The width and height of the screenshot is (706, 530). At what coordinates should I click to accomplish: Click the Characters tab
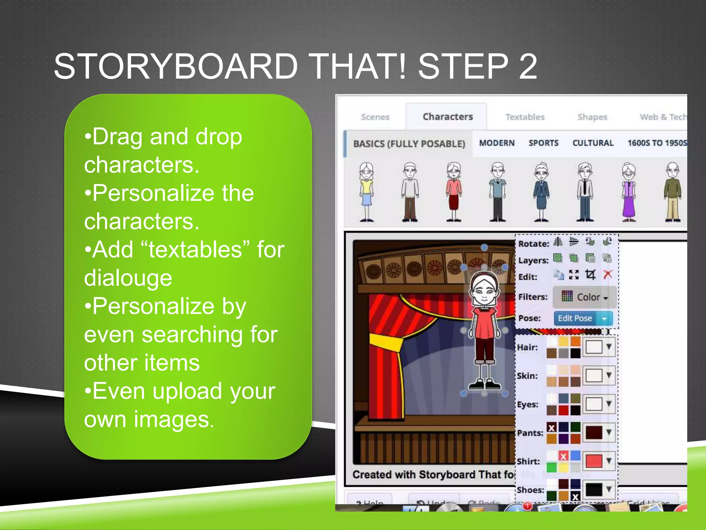(447, 117)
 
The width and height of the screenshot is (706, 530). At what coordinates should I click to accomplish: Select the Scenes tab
(375, 117)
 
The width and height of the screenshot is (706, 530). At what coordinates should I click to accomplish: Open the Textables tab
(525, 117)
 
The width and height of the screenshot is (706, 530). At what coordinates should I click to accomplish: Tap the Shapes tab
(592, 117)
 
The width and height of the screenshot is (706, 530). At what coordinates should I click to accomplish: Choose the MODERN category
(497, 143)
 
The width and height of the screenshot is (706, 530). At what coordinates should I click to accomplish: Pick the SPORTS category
(543, 143)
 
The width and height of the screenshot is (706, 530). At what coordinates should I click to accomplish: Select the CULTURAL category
(593, 143)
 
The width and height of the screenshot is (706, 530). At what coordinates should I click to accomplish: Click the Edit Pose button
(575, 318)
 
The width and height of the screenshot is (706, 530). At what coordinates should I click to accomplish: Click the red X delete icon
(607, 275)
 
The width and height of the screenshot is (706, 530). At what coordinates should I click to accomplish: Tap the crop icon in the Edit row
(590, 275)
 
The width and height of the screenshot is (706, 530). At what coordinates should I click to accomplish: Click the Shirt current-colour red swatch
(594, 461)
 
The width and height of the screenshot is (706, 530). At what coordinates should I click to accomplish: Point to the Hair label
(527, 347)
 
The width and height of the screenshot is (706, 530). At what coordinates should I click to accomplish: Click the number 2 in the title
(528, 66)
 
